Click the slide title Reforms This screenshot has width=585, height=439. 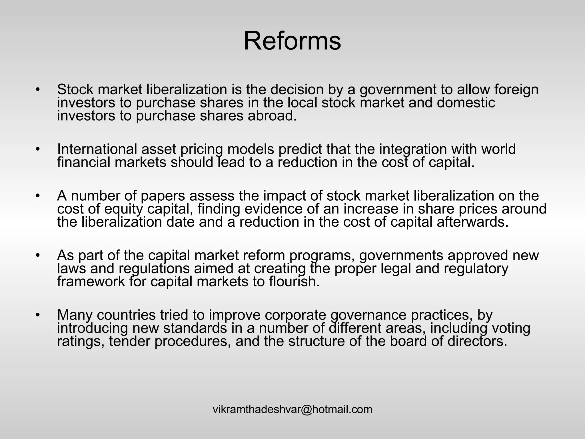(292, 41)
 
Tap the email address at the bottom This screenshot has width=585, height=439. (292, 409)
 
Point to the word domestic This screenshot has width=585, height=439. (466, 103)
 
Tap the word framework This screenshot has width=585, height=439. (91, 282)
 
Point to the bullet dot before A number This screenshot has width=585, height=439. (37, 196)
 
